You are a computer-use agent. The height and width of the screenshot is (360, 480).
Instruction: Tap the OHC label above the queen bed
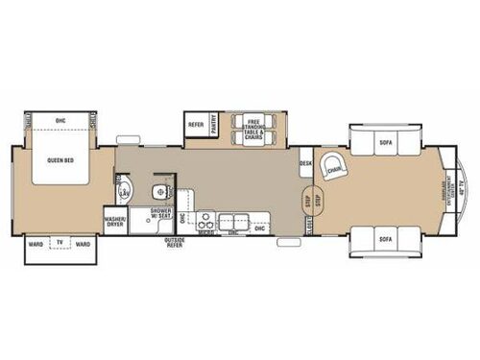(x=60, y=120)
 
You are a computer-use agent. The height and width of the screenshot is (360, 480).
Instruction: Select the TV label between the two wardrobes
(x=60, y=244)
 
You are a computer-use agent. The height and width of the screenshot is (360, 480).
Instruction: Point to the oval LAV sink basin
(x=124, y=188)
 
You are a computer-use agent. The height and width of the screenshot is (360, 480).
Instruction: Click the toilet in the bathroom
(x=161, y=185)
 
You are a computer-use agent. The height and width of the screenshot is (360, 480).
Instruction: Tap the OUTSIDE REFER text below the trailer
(x=177, y=244)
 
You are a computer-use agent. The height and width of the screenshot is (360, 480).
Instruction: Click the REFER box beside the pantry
(x=196, y=124)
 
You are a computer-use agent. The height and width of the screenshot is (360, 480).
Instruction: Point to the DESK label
(x=306, y=164)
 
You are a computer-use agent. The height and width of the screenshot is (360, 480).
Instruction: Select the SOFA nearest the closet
(x=386, y=238)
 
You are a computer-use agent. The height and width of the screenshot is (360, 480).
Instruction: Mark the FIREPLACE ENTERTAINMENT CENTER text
(x=444, y=188)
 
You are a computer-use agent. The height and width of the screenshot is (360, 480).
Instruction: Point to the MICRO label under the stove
(x=204, y=231)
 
